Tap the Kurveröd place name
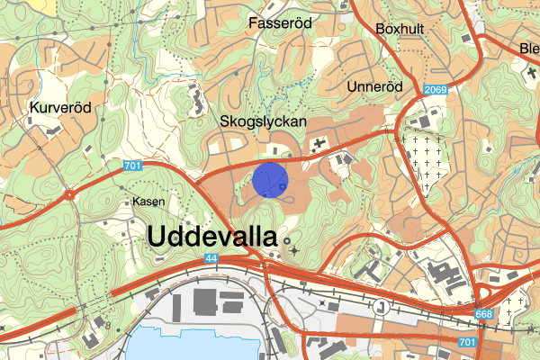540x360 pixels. [60, 107]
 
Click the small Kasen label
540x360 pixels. [148, 201]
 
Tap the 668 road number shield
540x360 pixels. [484, 311]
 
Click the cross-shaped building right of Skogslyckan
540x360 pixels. [319, 143]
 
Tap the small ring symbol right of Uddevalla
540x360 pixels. [288, 241]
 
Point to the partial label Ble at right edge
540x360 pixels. [529, 49]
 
